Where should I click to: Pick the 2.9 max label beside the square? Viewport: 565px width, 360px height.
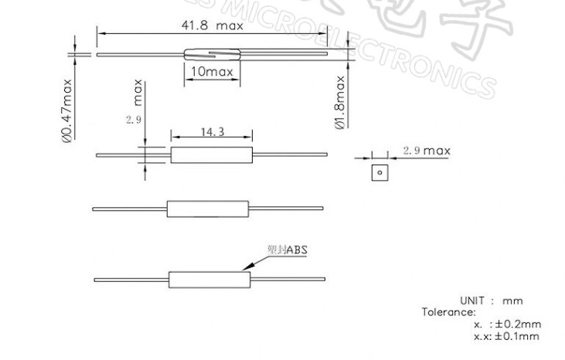(x=426, y=151)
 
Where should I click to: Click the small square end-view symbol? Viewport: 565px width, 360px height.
(x=379, y=172)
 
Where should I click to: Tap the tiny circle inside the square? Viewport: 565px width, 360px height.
(x=379, y=172)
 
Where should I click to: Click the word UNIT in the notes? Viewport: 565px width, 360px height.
(x=473, y=301)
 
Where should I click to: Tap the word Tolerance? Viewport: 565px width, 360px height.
(x=448, y=312)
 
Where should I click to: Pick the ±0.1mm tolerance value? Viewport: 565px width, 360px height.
(x=516, y=336)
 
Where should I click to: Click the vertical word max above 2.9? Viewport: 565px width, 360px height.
(x=138, y=91)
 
